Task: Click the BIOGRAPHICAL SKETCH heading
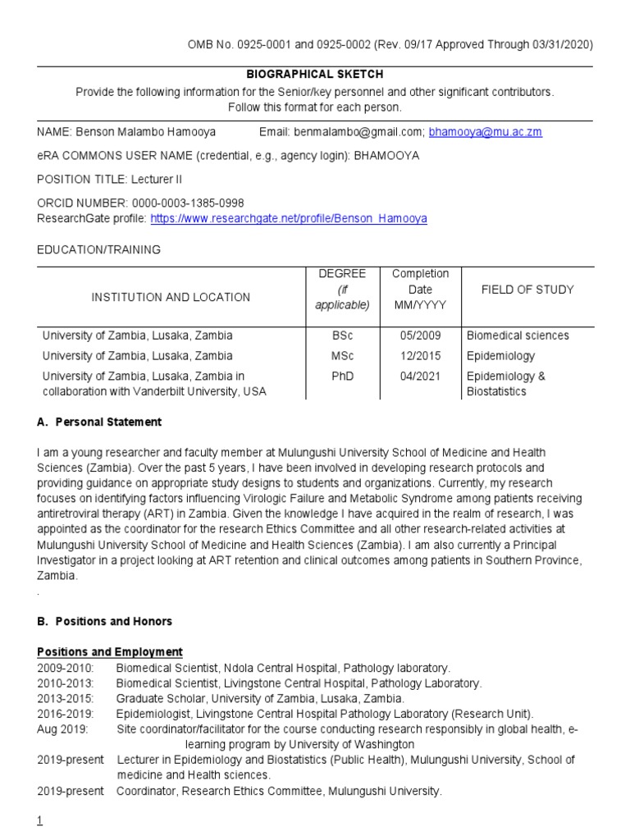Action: (x=315, y=74)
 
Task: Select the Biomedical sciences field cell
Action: (x=518, y=336)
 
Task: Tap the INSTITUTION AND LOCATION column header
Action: (x=171, y=297)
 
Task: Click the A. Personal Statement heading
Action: (x=99, y=422)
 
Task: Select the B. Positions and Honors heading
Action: (x=104, y=621)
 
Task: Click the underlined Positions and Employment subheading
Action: (x=110, y=652)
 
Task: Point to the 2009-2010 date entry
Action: (x=66, y=668)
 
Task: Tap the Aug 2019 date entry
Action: (x=61, y=729)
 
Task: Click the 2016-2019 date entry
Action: (x=66, y=714)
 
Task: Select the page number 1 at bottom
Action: (x=40, y=822)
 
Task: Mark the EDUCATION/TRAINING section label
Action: (x=98, y=249)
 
